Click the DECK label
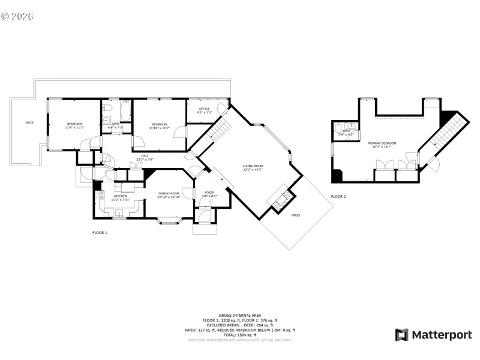pos(29,123)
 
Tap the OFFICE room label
pos(205,109)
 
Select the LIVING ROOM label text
pos(253,166)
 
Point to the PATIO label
pos(296,215)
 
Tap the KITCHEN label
pos(121,196)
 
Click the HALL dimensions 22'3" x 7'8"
pos(145,160)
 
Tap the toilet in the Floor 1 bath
pos(106,108)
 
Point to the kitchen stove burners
pos(101,195)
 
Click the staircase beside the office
pos(220,127)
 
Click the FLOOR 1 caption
pos(100,232)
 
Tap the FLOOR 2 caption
pos(338,196)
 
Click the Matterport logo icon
pos(401,335)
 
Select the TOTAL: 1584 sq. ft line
pos(239,334)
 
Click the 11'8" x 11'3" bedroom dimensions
pos(74,127)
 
